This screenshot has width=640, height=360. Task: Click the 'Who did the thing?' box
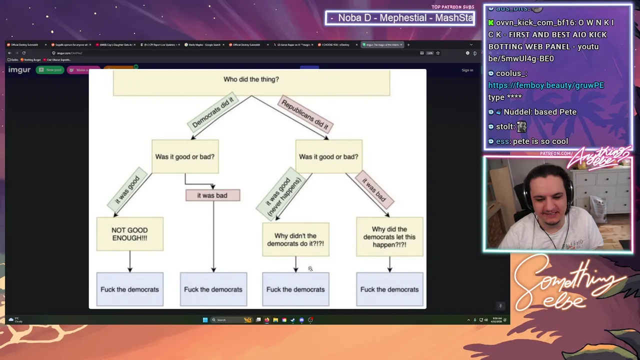251,81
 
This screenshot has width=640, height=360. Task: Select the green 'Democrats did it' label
212,112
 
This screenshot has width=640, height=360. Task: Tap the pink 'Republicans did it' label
305,113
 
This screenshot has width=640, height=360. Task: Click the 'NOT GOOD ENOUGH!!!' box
129,234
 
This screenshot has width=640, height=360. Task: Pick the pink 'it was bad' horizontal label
212,195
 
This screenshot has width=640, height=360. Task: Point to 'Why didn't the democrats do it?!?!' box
295,239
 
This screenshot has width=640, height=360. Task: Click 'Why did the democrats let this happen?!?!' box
389,237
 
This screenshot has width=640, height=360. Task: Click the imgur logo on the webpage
19,70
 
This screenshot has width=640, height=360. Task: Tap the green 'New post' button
50,70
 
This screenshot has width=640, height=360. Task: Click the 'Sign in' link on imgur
467,70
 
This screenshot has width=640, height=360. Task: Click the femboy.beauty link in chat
546,85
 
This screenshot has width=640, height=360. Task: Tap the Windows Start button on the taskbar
205,320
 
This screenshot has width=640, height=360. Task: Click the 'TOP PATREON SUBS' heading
452,7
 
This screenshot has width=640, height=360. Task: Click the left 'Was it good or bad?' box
185,156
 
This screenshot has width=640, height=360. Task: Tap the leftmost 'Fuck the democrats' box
129,289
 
